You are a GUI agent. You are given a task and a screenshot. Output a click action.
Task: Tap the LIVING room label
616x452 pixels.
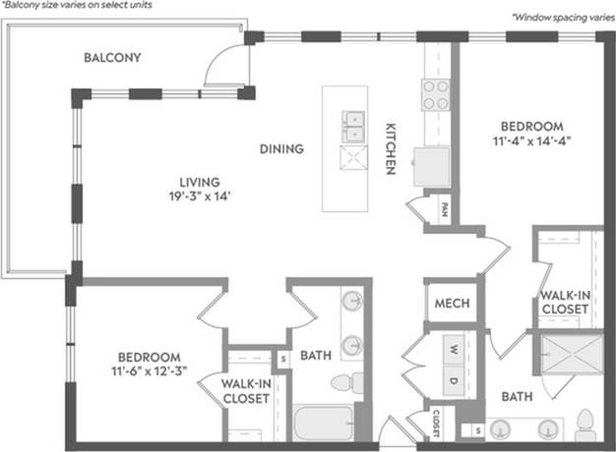[198, 181]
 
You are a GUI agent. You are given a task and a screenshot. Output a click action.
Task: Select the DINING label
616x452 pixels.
[281, 149]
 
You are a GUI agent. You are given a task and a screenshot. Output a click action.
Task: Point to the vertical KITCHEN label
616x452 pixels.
[391, 148]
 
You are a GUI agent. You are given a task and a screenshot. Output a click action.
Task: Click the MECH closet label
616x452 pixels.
[450, 304]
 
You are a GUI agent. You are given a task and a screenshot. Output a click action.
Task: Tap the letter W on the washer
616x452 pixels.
[453, 349]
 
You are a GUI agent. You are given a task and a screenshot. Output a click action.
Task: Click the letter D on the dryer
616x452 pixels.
[453, 379]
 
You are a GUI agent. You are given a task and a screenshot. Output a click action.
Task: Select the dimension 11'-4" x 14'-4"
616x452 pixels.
[531, 141]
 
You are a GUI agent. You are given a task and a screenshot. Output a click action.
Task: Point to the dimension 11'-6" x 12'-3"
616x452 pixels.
[149, 371]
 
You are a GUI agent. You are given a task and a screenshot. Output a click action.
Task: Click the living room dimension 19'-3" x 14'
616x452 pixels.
[198, 195]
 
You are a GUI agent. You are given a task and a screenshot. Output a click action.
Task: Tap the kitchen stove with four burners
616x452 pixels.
[435, 96]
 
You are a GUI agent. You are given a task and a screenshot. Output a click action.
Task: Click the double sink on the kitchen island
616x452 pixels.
[353, 123]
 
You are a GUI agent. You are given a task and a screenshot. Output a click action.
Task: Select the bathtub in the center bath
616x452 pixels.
[323, 424]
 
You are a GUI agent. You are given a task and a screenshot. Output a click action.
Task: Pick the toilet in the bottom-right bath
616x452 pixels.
[585, 424]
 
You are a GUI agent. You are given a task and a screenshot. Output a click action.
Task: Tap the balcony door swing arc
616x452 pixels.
[216, 68]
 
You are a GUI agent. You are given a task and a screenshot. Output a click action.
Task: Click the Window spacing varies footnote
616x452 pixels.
[561, 17]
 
